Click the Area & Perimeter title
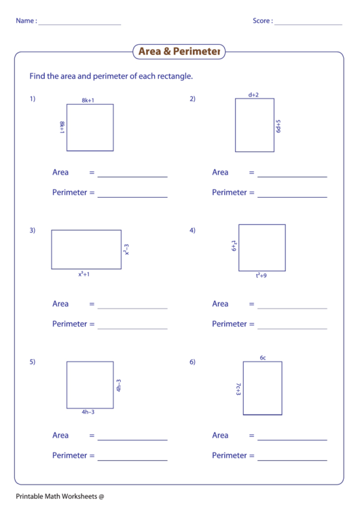(179, 52)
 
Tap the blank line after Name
(79, 24)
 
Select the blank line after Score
(308, 24)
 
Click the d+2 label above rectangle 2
(253, 95)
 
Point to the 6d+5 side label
(278, 126)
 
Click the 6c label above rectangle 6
(262, 357)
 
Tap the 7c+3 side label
(238, 388)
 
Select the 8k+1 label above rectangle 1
(88, 100)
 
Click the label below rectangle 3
(84, 275)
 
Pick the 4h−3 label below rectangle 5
(88, 413)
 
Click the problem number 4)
(192, 230)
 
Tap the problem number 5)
(32, 362)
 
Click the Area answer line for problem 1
(132, 176)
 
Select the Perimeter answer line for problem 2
(292, 196)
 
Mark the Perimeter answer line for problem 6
(292, 459)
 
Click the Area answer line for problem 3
(132, 308)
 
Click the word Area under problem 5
(60, 436)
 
